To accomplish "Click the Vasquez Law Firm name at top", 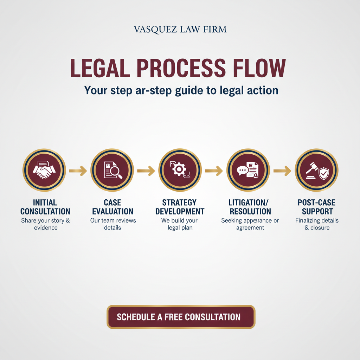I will pos(180,29).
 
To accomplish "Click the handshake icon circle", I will pos(44,170).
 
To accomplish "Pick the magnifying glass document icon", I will pos(112,170).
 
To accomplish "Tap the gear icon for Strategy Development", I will pos(180,170).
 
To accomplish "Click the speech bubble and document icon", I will pos(248,170).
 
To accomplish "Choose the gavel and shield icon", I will pos(316,170).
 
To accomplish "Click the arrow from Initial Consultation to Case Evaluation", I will pos(78,171).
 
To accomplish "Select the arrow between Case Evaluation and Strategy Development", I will pos(146,171).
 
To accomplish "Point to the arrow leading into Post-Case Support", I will pos(282,171).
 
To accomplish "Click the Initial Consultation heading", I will pos(45,207).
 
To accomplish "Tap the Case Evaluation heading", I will pos(112,207).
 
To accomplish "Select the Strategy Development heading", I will pos(180,207).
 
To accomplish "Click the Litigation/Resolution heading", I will pos(250,207).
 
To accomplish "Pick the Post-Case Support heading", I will pos(316,207).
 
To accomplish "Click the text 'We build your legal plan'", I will pos(180,224).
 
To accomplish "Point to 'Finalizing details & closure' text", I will pos(317,224).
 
